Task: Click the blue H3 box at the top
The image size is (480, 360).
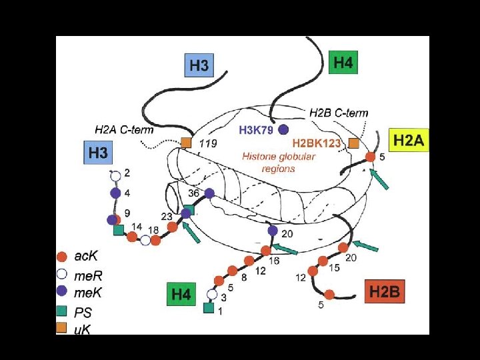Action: coord(199,65)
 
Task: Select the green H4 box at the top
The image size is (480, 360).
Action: coord(343,63)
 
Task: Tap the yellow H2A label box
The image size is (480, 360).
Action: coord(408,141)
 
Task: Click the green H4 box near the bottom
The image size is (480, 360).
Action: coord(182,294)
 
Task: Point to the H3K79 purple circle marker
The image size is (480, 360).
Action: coord(283,129)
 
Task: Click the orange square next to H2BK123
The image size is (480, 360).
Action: coord(354,143)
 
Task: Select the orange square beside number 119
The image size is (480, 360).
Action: coord(187,142)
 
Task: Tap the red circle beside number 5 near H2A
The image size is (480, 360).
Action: coord(371,157)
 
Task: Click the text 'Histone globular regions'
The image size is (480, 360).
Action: coord(278,162)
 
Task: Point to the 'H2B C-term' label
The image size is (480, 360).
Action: coord(339,113)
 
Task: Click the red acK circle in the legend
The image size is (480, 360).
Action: coord(61,257)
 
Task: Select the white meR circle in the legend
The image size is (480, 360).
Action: coord(61,274)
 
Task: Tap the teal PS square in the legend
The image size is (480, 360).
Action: coord(61,310)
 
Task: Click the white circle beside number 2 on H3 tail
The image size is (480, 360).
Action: coord(115,176)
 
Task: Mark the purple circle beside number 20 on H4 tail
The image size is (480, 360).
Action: coord(273,231)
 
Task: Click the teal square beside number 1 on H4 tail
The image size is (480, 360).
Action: coord(208,308)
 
